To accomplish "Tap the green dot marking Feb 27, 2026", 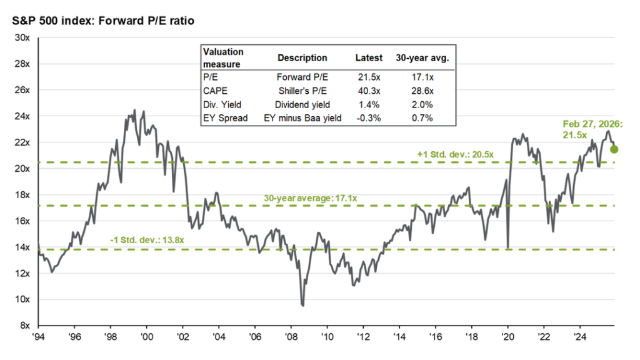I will pyautogui.click(x=614, y=149).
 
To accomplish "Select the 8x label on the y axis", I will pyautogui.click(x=26, y=326).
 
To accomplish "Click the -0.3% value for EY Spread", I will pyautogui.click(x=368, y=118).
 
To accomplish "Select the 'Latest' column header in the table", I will pyautogui.click(x=369, y=57).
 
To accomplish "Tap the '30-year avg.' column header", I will pyautogui.click(x=422, y=57).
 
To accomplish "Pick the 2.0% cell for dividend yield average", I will pyautogui.click(x=422, y=105).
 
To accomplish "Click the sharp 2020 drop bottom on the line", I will pyautogui.click(x=507, y=248).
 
